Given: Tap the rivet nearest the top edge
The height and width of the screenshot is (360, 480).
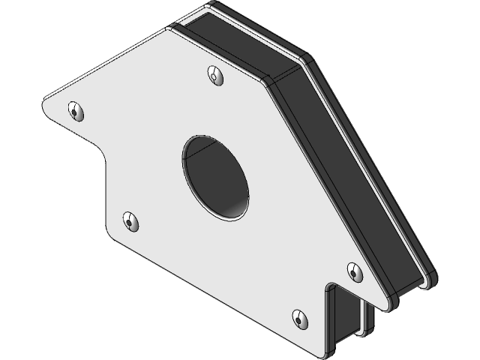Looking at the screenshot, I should pos(216,75).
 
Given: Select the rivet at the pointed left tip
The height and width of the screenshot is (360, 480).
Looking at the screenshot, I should pos(75,110).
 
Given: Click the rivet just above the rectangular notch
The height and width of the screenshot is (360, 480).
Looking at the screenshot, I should pos(353,269).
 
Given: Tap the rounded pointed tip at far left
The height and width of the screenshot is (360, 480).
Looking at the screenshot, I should pos(46,101).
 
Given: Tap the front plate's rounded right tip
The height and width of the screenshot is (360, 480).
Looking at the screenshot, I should pos(387,307).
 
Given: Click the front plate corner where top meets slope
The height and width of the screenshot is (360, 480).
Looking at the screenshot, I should pos(273,79).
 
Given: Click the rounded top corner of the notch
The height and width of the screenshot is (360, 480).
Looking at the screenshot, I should pos(331,287).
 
